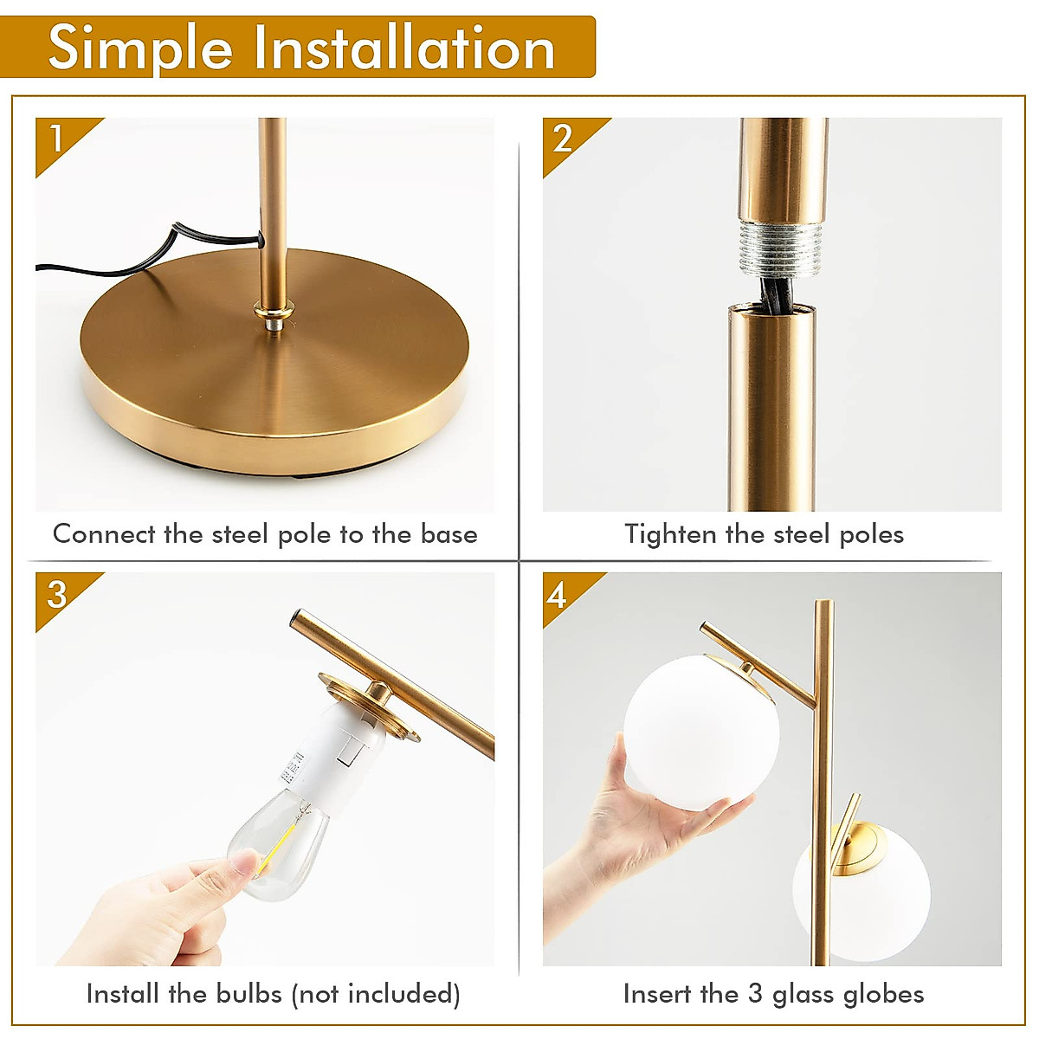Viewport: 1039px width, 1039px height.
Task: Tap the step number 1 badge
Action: click(56, 139)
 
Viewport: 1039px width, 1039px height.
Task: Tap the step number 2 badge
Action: click(563, 139)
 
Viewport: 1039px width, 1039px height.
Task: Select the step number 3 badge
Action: click(56, 594)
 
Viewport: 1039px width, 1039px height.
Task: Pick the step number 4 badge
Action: click(557, 595)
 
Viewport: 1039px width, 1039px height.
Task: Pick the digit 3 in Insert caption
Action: click(755, 993)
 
